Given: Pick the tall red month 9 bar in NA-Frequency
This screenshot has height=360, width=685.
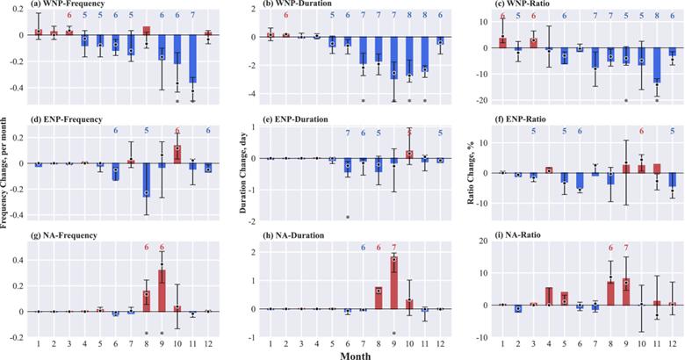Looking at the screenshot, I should (x=162, y=291).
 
